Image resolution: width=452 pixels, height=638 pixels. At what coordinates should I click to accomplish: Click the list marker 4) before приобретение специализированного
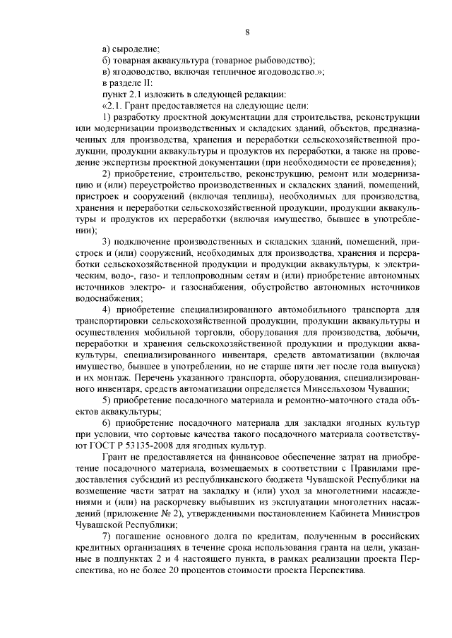[106, 310]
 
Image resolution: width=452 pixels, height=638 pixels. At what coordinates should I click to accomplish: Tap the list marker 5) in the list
[106, 400]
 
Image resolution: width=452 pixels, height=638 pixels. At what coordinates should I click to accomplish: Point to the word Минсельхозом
[343, 389]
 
